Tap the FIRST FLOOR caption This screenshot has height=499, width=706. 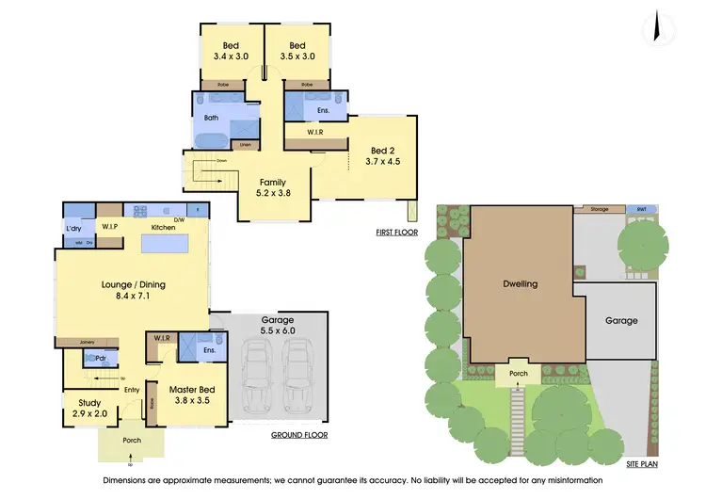pyautogui.click(x=395, y=232)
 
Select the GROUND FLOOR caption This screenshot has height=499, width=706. pyautogui.click(x=298, y=435)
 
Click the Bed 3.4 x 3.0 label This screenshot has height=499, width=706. pyautogui.click(x=232, y=51)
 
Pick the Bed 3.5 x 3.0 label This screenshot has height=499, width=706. pyautogui.click(x=297, y=51)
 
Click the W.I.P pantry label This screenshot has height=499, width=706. pyautogui.click(x=109, y=227)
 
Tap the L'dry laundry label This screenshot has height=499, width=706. pyautogui.click(x=72, y=228)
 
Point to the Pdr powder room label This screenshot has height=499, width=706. pyautogui.click(x=100, y=358)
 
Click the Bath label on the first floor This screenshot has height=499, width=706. pyautogui.click(x=211, y=118)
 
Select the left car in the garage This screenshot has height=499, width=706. pyautogui.click(x=258, y=371)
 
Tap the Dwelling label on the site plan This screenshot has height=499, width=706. pyautogui.click(x=520, y=283)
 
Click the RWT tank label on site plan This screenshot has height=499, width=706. pyautogui.click(x=641, y=209)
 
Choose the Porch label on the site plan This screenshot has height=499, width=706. pyautogui.click(x=519, y=373)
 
